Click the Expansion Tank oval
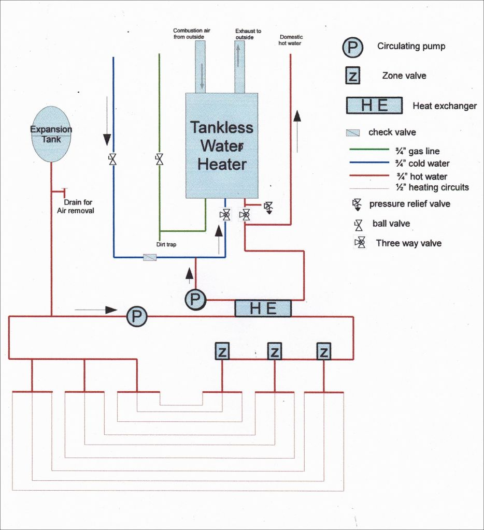click(x=51, y=134)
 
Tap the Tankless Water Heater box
click(x=221, y=146)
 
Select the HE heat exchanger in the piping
click(x=263, y=308)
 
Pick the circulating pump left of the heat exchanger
click(x=195, y=298)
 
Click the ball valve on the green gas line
click(x=159, y=159)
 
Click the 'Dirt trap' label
click(x=166, y=244)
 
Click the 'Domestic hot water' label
click(x=290, y=40)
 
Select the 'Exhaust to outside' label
click(x=248, y=34)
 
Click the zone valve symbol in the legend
click(x=352, y=76)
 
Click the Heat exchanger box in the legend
click(x=374, y=106)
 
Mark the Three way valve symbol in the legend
click(x=359, y=242)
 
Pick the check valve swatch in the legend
click(x=353, y=132)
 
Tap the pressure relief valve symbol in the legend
click(x=357, y=204)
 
